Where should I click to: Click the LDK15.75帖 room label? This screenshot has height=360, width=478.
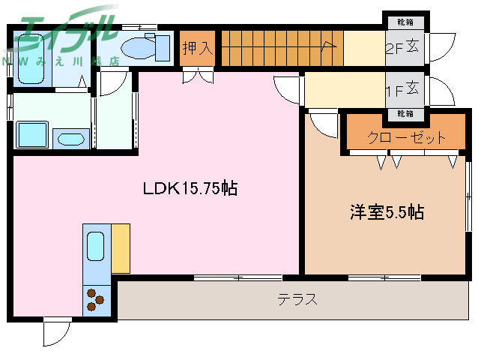coord(190,189)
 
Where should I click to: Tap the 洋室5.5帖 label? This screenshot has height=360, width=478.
coord(386,213)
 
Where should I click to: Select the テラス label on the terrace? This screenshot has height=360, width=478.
coord(297,300)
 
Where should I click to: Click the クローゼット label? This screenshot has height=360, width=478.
coord(406,137)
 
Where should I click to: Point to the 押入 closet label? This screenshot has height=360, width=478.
coord(198,48)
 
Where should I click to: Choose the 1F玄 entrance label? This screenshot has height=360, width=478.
coord(405,91)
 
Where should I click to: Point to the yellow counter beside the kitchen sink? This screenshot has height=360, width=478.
coord(120,247)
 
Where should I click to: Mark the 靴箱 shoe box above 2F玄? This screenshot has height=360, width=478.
coord(405,22)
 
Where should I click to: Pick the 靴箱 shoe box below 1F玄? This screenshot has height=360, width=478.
coord(405,114)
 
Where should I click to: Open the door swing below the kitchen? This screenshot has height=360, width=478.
coord(56,331)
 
